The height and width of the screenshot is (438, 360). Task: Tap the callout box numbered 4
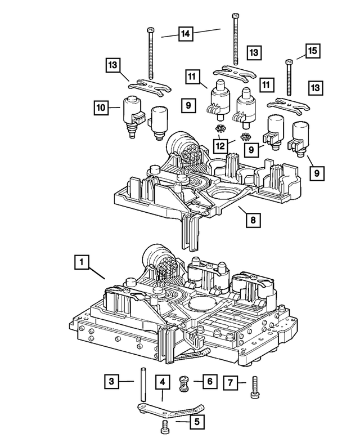tap(162, 383)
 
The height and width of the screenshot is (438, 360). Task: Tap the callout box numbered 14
tap(184, 34)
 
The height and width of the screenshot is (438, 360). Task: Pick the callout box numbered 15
tap(313, 51)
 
